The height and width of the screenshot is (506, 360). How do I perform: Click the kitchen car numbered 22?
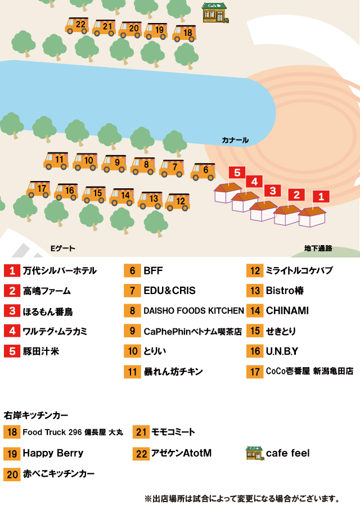point(77,25)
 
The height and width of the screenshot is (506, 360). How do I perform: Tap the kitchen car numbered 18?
point(184,33)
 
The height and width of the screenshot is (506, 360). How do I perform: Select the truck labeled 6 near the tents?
point(202,171)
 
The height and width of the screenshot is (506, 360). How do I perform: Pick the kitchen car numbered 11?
point(56,161)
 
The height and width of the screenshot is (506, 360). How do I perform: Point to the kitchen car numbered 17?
point(38,189)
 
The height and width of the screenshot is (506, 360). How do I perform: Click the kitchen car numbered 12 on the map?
point(177,202)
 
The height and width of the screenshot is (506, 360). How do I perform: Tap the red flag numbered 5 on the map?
point(237,173)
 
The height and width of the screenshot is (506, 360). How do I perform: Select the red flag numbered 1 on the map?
point(321,196)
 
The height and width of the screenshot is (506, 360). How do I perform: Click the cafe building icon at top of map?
point(215,12)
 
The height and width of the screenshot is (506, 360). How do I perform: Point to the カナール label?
point(235,140)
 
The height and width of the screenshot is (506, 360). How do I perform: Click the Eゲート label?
point(63,248)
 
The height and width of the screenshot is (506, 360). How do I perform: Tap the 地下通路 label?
point(318,248)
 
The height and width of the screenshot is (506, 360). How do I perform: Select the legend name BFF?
point(153,271)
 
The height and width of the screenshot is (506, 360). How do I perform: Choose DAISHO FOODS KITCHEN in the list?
point(193,311)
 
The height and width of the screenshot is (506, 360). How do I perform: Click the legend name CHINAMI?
point(287,311)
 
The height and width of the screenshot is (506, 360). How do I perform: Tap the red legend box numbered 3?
point(12,311)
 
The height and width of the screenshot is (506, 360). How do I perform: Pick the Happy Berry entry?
point(53,453)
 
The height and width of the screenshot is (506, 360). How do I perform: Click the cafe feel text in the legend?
point(287,453)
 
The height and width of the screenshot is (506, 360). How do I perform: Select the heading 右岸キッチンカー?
point(36,415)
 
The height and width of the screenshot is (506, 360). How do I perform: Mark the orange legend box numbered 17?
point(255,372)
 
